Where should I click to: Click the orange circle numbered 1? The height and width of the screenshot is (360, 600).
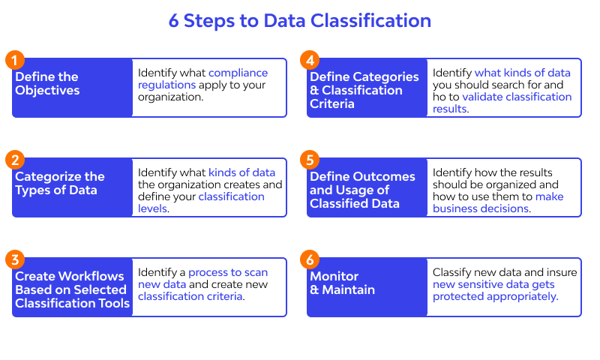[15, 61]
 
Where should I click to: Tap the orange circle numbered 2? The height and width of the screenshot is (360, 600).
[15, 160]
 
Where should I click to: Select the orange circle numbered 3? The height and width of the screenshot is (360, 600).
[15, 259]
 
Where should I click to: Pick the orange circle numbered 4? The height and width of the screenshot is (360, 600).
[310, 61]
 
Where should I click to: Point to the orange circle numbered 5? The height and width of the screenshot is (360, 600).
[310, 160]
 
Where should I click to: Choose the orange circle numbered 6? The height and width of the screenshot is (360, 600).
[310, 259]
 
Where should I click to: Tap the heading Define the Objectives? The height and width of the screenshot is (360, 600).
[47, 83]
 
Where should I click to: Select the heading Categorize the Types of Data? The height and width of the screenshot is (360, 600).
[60, 183]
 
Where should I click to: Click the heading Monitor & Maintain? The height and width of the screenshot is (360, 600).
[342, 283]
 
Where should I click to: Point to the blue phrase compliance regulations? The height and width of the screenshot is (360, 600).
[202, 79]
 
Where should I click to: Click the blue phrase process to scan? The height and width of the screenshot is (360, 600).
[228, 272]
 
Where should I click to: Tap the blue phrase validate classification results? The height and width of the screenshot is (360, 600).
[502, 103]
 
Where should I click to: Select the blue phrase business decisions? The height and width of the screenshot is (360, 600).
[481, 208]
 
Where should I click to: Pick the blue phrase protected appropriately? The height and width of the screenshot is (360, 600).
[495, 296]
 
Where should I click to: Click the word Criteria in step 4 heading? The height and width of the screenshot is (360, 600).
[332, 103]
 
